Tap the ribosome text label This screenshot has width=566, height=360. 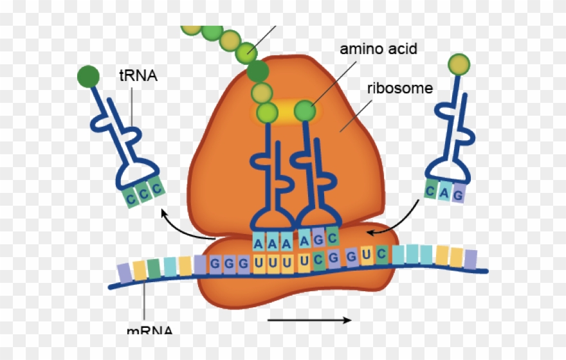point(399,87)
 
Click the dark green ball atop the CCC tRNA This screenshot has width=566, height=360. point(88,76)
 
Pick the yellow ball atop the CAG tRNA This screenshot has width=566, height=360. point(459,64)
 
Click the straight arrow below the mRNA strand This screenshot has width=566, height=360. point(309,319)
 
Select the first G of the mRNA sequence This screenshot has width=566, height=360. point(215,265)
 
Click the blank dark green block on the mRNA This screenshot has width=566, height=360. point(153,267)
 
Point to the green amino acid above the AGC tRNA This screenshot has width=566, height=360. point(307,111)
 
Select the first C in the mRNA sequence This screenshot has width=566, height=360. point(319,261)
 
